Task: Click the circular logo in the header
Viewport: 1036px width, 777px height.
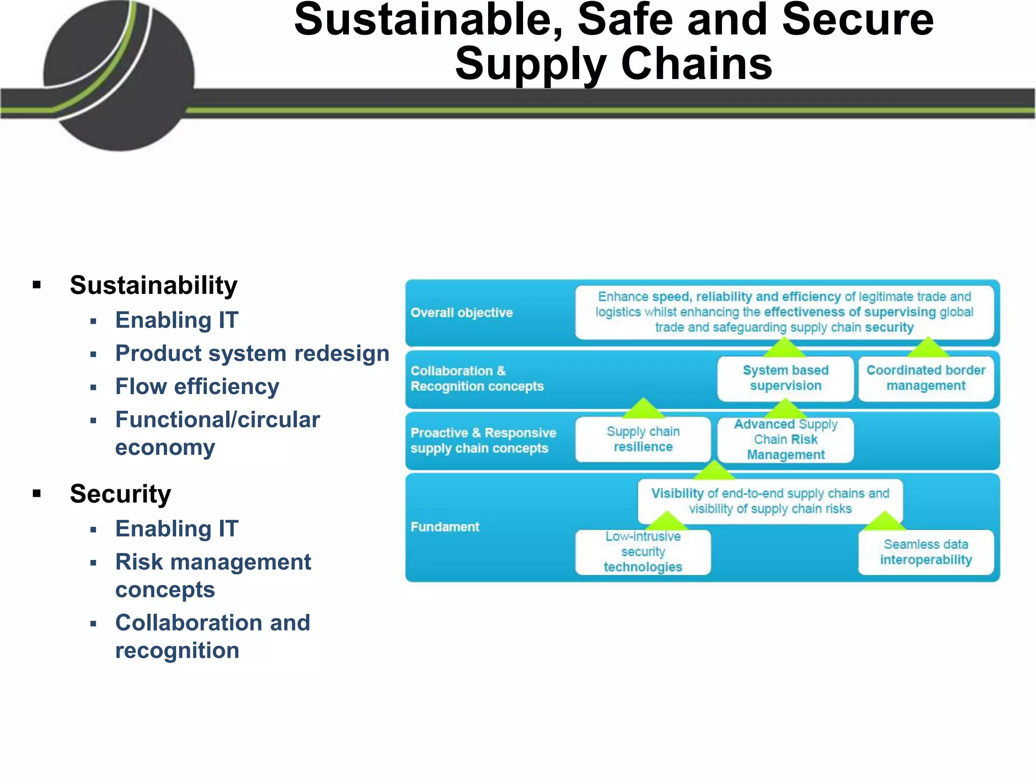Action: tap(119, 76)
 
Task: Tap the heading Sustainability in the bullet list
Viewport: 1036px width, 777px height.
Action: tap(153, 285)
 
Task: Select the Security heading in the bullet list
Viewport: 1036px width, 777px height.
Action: tap(120, 494)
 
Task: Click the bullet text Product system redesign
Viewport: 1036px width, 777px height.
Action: tap(252, 353)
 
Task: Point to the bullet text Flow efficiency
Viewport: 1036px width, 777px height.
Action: tap(197, 386)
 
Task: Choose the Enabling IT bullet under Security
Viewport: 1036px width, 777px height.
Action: tap(177, 529)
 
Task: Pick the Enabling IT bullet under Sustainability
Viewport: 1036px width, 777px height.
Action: tap(177, 320)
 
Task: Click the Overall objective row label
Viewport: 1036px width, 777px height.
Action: tap(461, 313)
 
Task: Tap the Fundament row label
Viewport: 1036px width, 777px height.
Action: tap(445, 527)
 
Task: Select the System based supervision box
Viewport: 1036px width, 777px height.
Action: tap(785, 378)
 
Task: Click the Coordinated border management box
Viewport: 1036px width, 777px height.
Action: tap(926, 378)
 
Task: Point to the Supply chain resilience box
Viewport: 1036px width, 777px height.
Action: tap(643, 440)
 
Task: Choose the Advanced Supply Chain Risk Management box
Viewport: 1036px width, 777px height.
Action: tap(785, 440)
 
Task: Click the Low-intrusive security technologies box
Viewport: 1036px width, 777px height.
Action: tap(643, 552)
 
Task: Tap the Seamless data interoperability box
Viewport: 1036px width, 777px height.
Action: tap(926, 552)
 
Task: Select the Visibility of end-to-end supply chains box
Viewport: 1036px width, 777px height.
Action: tap(770, 501)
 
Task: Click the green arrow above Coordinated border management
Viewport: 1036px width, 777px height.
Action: tap(928, 348)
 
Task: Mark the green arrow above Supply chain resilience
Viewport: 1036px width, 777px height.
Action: tap(643, 408)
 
